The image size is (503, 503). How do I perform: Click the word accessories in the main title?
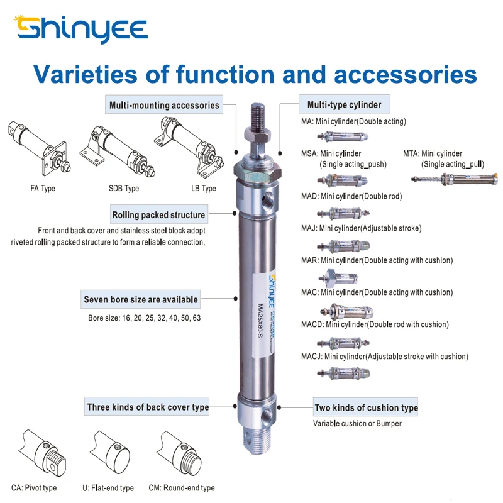[404, 74]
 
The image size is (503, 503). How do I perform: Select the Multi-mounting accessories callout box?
[164, 105]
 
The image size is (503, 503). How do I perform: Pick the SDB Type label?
[123, 189]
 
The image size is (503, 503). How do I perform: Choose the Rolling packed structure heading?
[158, 214]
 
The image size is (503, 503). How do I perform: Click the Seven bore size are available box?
[141, 300]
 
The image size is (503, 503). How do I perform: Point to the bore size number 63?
[196, 318]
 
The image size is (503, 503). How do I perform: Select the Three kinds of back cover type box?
[148, 407]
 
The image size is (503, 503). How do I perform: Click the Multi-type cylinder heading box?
[344, 104]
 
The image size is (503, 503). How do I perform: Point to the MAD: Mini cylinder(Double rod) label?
[351, 196]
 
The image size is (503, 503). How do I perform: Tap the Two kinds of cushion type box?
[366, 407]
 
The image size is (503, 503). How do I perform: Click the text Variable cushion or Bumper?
[357, 423]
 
